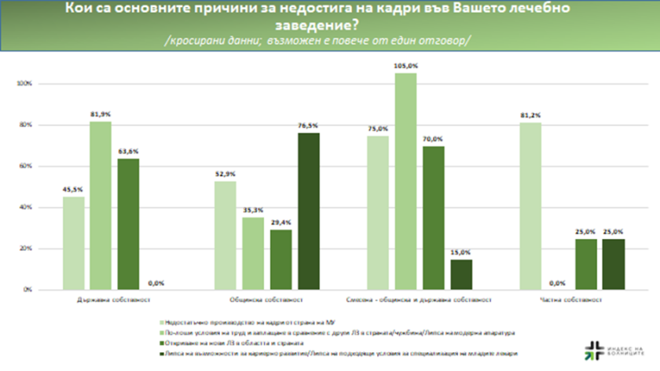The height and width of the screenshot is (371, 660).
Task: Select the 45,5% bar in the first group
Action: pyautogui.click(x=75, y=243)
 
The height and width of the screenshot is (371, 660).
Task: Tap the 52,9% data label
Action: pyautogui.click(x=225, y=174)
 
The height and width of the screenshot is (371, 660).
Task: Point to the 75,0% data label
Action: pyautogui.click(x=378, y=129)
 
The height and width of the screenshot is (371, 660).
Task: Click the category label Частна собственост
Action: pyautogui.click(x=568, y=299)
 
